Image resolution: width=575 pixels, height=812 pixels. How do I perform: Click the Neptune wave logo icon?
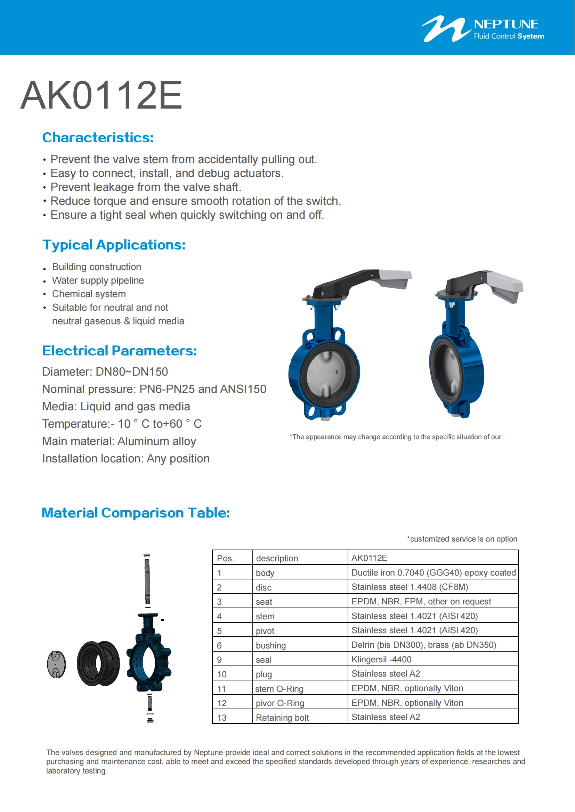point(445,28)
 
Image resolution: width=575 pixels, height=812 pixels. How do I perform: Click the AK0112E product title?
point(101,95)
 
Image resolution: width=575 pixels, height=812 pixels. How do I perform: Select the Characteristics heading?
point(98,137)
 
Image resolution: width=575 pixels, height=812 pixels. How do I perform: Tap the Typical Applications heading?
point(114,245)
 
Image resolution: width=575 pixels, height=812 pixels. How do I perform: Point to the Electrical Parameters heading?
point(119,351)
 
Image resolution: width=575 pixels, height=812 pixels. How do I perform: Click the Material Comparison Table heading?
point(136,513)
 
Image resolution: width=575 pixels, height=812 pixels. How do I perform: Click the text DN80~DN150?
point(132,372)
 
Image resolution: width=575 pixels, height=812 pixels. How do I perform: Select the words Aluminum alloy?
point(156,441)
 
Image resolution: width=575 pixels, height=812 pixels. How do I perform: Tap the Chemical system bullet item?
point(89,294)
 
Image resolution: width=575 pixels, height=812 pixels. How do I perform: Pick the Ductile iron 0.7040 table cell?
point(433,572)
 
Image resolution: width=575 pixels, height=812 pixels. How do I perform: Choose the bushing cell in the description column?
point(270,645)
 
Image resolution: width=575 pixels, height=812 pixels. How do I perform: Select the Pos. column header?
point(226,559)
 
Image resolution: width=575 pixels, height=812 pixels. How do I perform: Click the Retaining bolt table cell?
point(282,718)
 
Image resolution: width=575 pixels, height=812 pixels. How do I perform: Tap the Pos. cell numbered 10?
point(222,674)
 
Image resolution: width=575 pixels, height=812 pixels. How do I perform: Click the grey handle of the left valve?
point(396,278)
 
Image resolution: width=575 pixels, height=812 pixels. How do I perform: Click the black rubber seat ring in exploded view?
point(98,663)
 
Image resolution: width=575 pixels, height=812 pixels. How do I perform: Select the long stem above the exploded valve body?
point(147,580)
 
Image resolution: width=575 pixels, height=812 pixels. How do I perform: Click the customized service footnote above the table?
point(462,539)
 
